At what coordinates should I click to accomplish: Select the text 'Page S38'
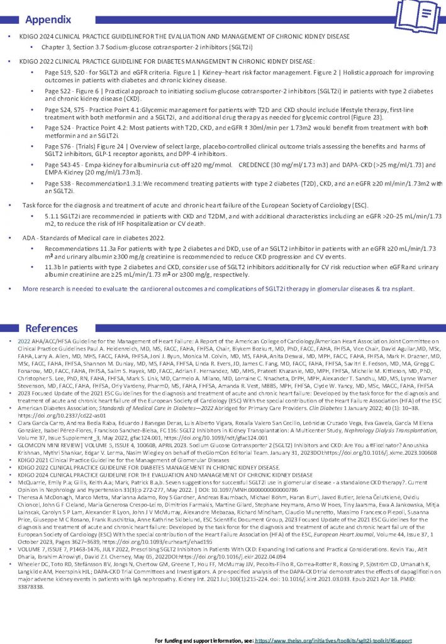point(59,183)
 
